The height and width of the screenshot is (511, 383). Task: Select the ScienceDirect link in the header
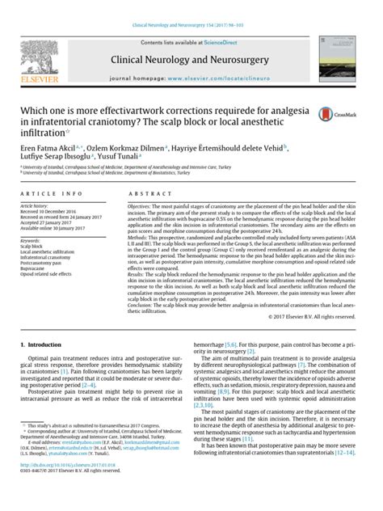point(213,40)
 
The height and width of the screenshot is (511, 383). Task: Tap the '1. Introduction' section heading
point(37,344)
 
